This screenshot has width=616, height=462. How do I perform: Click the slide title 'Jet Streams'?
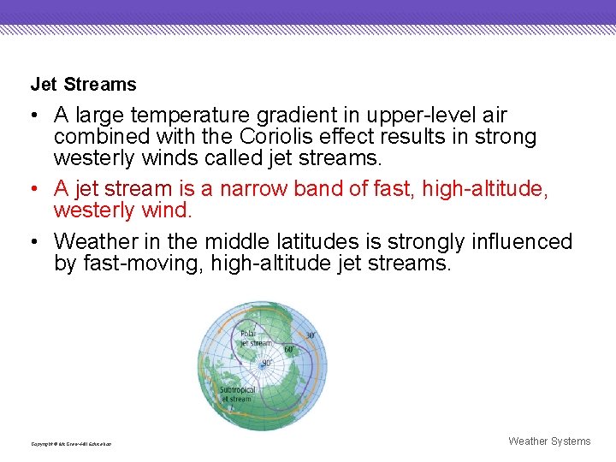coord(83,85)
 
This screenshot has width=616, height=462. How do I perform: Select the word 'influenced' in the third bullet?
coord(523,242)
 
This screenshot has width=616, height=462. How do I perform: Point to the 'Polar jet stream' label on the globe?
coord(255,338)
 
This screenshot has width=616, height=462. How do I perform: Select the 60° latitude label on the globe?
coord(289,349)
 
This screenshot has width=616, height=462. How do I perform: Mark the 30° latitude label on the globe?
coord(310,335)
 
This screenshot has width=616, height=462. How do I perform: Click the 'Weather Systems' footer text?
coord(548,441)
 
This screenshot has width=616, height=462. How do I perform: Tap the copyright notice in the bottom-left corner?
coord(71,444)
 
